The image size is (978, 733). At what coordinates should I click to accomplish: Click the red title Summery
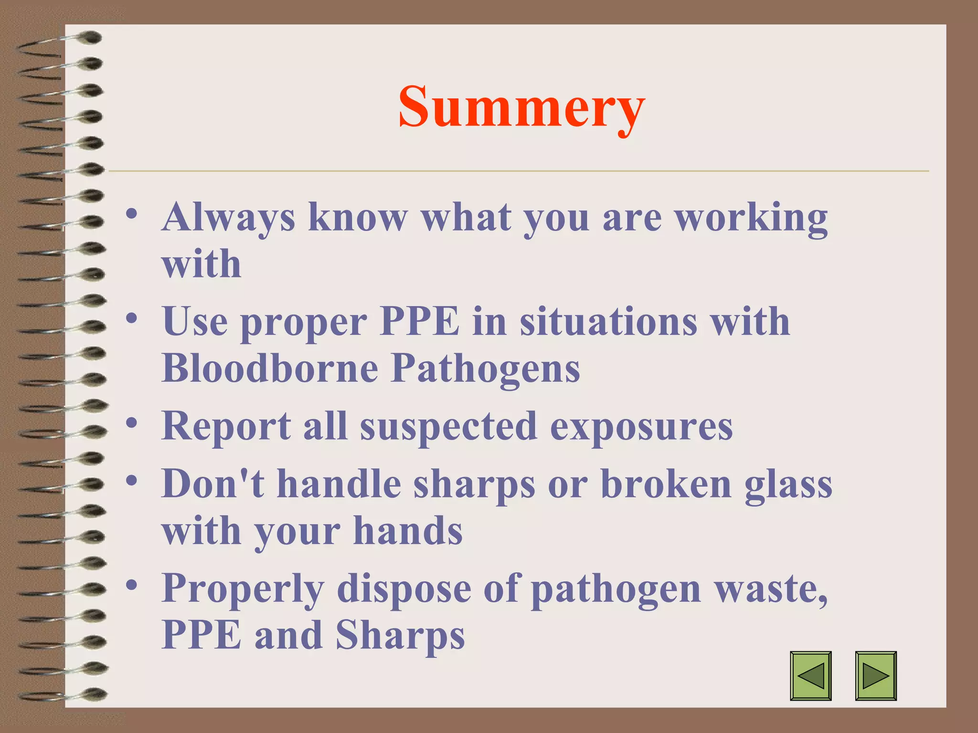521,107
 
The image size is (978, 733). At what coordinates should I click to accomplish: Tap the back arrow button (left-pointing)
810,676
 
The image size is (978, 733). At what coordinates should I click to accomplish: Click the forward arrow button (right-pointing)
876,676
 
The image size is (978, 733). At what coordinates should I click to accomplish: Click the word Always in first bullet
228,218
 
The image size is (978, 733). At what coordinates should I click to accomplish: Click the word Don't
213,483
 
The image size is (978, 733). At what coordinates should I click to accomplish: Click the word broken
666,483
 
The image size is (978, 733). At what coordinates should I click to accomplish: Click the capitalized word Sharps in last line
400,636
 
